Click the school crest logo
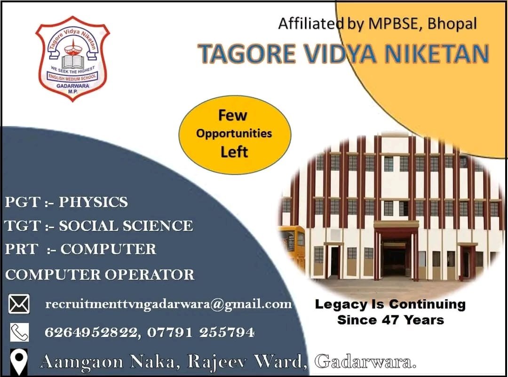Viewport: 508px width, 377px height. click(72, 59)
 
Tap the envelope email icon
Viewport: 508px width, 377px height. click(19, 304)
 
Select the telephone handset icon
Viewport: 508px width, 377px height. click(19, 332)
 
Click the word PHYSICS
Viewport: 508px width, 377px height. click(93, 202)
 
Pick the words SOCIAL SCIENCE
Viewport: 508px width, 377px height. click(126, 226)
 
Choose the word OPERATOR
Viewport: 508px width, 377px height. click(150, 275)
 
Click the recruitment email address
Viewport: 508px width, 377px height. click(168, 305)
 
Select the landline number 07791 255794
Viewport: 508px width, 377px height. click(201, 332)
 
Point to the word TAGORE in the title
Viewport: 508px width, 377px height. click(247, 54)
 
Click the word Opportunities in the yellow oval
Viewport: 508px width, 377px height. click(234, 134)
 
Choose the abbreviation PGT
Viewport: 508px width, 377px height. click(23, 202)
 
